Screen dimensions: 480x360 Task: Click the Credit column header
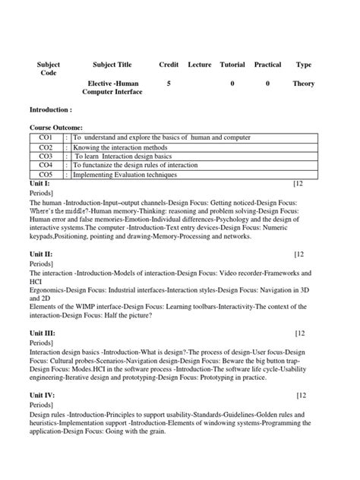click(x=169, y=65)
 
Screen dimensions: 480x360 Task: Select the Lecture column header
click(x=200, y=65)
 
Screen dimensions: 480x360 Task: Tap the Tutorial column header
click(x=232, y=65)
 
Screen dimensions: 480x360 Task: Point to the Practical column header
click(x=267, y=65)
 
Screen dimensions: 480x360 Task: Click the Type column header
click(x=304, y=65)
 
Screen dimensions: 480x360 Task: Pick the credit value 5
click(x=169, y=83)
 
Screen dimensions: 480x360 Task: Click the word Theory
click(x=304, y=83)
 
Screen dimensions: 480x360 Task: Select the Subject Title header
click(x=112, y=65)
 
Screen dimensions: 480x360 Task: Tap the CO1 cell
click(x=46, y=137)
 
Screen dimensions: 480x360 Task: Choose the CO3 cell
click(x=46, y=156)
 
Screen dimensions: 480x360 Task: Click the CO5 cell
click(x=46, y=174)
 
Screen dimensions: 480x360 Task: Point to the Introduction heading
click(x=51, y=110)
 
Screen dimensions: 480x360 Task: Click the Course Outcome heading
click(x=56, y=128)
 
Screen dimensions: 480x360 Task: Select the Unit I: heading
click(x=39, y=184)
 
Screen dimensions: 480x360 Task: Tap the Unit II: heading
click(x=41, y=254)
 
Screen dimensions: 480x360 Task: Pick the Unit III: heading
click(x=43, y=333)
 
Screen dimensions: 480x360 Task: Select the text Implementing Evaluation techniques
click(x=125, y=174)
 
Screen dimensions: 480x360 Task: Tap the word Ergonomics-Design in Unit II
click(x=56, y=289)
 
